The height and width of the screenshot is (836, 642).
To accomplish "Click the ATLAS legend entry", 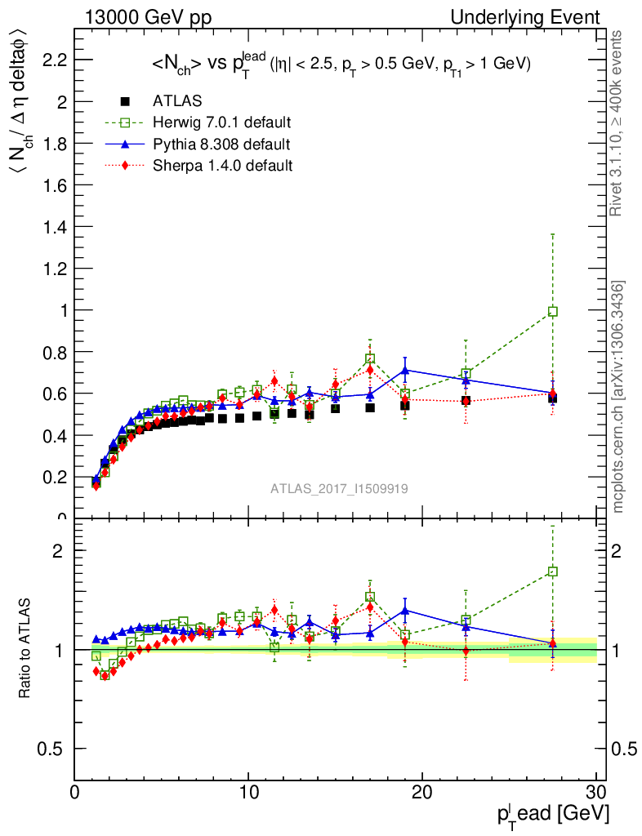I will point(176,101).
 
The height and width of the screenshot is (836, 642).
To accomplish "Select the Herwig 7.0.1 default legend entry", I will point(221,122).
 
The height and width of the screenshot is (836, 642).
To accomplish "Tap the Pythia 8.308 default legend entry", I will point(221,145).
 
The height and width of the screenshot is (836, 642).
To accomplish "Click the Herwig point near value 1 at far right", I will point(553,311).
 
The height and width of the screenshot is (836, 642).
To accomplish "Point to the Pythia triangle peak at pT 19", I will point(405,371).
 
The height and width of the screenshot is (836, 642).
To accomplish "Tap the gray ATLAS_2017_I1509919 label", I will point(340,488).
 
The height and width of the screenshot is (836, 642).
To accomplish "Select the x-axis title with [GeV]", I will point(551,814).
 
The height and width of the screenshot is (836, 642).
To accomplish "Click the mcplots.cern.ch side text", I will point(618,396).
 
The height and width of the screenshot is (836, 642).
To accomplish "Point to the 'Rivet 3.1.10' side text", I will point(618,122).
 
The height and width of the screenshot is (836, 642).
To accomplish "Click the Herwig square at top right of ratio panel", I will point(553,571).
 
